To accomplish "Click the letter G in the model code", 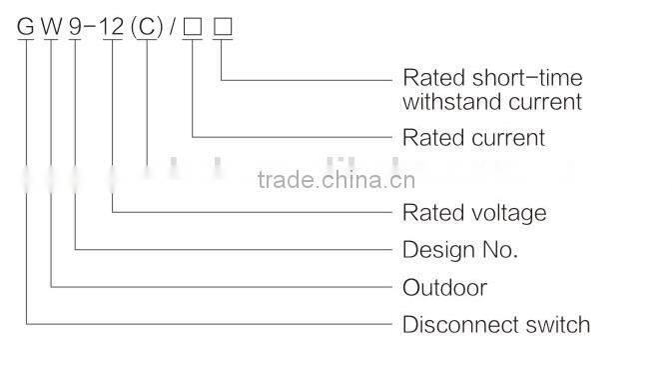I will tap(24, 28).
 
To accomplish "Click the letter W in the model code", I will tap(51, 28).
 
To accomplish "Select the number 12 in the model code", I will tap(113, 28).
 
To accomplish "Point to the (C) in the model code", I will tap(148, 28).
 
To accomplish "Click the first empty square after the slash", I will tap(192, 28).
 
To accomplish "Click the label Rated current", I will tap(473, 137).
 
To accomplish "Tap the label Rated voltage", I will tap(474, 212).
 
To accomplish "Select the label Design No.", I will tap(459, 249).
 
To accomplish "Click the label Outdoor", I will tap(444, 287).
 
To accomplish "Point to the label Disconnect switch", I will tap(495, 325).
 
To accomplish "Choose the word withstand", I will tap(445, 101).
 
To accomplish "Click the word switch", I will tap(559, 325).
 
